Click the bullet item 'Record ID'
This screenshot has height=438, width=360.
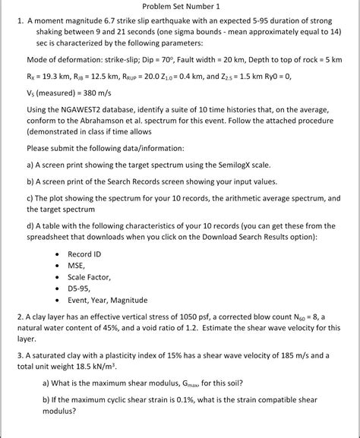click(x=84, y=254)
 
